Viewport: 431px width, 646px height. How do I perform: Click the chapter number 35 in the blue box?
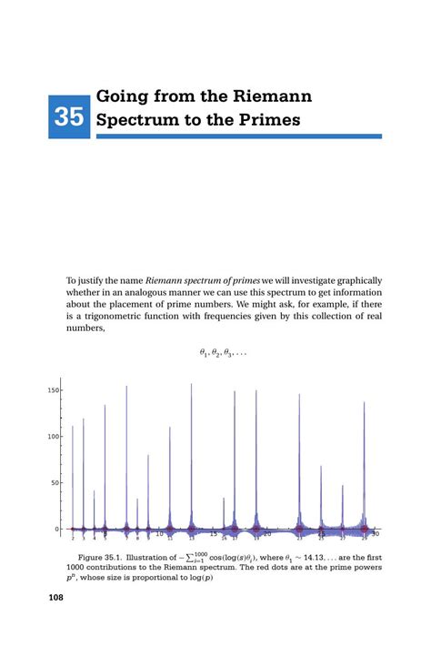[x=69, y=117]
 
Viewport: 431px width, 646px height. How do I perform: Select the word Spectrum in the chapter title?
[x=138, y=119]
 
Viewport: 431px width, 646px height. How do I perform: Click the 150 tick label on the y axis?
[x=54, y=390]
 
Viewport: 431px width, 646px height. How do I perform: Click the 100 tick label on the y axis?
[x=54, y=437]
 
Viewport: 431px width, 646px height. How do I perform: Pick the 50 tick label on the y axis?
[x=55, y=483]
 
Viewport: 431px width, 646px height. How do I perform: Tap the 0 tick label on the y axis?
[x=58, y=529]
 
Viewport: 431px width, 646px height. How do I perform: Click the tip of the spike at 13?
[x=191, y=384]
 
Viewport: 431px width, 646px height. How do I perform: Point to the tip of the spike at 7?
[x=126, y=387]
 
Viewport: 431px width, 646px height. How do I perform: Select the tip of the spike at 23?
[x=299, y=395]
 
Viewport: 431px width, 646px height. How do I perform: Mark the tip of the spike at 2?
[x=73, y=426]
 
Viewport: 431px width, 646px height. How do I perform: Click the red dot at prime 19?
[x=256, y=529]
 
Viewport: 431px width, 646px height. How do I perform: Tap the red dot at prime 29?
[x=365, y=529]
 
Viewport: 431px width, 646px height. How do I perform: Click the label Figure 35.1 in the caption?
[x=107, y=556]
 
